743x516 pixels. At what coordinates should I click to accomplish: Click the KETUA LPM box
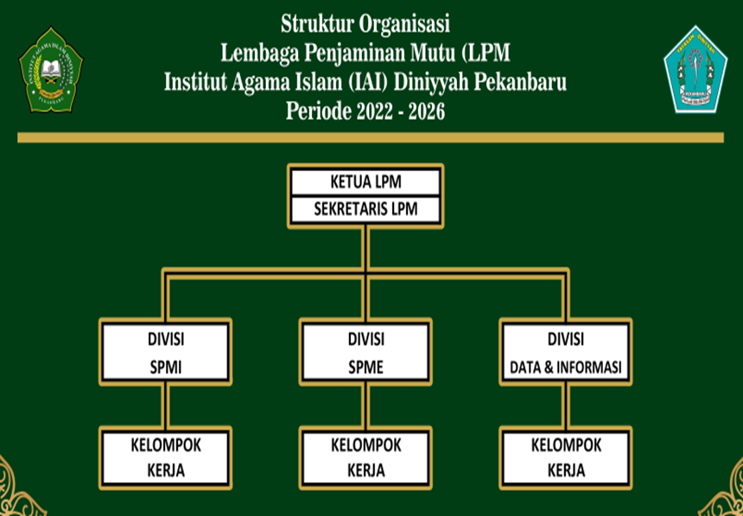366,182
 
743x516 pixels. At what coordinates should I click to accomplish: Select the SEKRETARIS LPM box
366,210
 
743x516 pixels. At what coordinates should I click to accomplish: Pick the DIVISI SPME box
366,353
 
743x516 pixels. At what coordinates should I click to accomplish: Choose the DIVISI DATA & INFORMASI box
566,353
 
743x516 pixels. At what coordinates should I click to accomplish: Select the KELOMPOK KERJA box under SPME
366,458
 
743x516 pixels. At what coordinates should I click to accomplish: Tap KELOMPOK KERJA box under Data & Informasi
566,458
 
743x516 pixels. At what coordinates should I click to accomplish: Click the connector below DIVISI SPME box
366,406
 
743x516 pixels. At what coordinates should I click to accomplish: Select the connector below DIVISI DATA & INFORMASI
566,406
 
